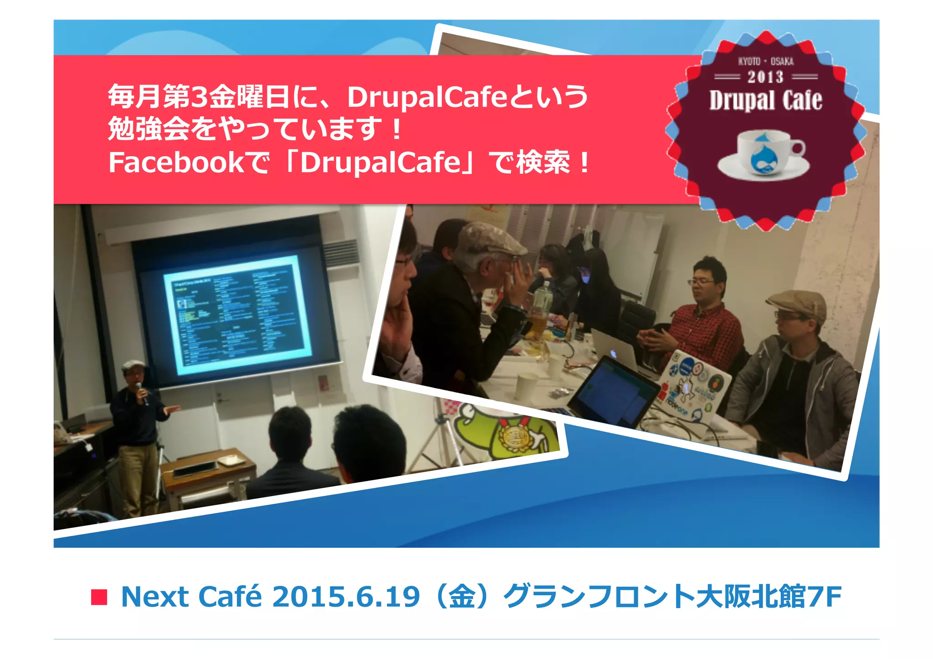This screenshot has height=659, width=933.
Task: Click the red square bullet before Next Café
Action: tap(99, 597)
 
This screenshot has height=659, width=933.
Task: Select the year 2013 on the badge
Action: tap(765, 77)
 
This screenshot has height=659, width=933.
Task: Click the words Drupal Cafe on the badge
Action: tap(765, 100)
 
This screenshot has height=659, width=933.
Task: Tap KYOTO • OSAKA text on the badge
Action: tap(766, 61)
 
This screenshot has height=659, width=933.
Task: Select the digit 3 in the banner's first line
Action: tap(199, 97)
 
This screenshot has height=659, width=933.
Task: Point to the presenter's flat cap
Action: tap(133, 364)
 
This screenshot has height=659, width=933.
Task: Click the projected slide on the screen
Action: tap(238, 313)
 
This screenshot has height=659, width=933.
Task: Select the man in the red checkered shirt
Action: tap(702, 319)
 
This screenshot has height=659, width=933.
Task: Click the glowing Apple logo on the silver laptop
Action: tap(614, 353)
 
